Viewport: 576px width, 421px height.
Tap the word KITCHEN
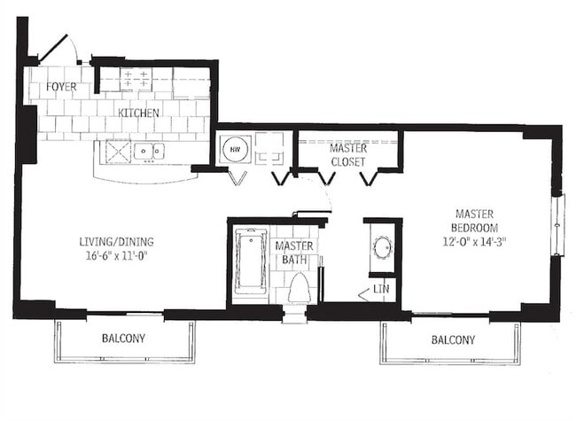coord(139,113)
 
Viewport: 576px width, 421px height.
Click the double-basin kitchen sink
coord(149,152)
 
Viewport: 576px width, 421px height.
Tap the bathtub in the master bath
coord(250,260)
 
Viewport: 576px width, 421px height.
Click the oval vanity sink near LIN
coord(382,246)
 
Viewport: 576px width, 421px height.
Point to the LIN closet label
coord(379,289)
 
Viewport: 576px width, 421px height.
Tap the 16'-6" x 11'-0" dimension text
coord(115,256)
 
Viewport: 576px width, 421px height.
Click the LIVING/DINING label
coord(115,240)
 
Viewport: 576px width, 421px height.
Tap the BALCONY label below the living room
coord(123,339)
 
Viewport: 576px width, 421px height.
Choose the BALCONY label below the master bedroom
coord(452,339)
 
